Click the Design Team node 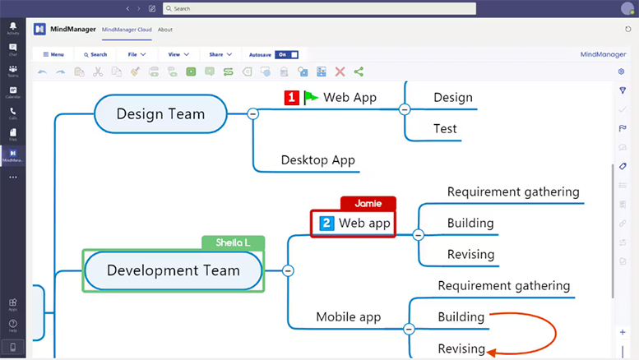pos(160,113)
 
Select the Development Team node pos(173,270)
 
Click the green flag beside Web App pos(310,97)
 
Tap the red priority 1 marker pos(292,98)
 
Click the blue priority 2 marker pos(326,224)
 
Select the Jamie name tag pos(368,203)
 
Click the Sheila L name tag pos(233,242)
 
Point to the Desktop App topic pos(317,159)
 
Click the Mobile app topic pos(349,316)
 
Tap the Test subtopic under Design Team pos(445,128)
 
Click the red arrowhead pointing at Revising pos(491,353)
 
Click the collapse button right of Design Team pos(253,113)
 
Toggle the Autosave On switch pos(286,54)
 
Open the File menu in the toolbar pos(137,54)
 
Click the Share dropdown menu pos(220,54)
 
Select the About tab pos(165,29)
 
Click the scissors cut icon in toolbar pos(98,72)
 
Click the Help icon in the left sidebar pos(12,325)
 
